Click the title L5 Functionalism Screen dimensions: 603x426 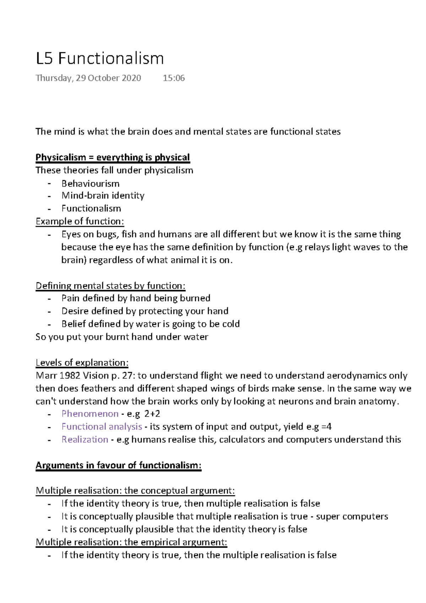(100, 59)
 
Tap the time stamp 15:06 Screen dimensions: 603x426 (174, 78)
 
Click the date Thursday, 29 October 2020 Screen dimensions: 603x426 (88, 78)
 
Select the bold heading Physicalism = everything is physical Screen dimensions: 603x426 (113, 157)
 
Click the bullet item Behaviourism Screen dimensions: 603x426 (90, 184)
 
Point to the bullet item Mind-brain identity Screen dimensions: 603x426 (103, 196)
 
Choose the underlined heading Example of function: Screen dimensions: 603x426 (80, 221)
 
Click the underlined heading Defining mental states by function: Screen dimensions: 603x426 (110, 286)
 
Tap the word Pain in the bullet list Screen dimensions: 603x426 (70, 298)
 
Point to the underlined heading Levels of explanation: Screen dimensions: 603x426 (82, 363)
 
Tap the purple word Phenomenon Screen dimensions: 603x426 (90, 414)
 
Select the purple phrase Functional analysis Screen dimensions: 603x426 (102, 427)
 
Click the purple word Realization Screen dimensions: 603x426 (84, 440)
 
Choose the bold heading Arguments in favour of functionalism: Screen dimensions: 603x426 (118, 465)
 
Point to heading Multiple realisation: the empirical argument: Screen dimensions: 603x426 (131, 542)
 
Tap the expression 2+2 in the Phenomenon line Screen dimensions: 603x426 (152, 414)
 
